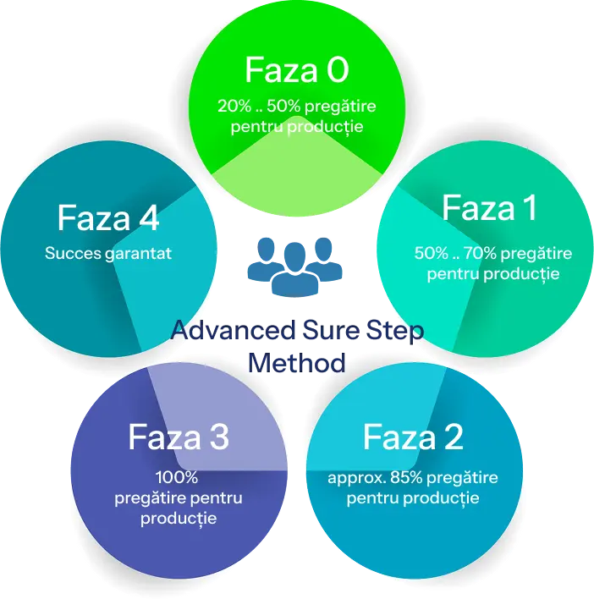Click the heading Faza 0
click(296, 70)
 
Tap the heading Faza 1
click(489, 208)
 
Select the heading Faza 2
click(413, 437)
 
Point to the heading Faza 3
click(179, 437)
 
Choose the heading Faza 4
click(108, 217)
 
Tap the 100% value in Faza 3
click(179, 477)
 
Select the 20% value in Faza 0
click(233, 107)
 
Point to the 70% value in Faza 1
click(481, 253)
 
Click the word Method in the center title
click(299, 365)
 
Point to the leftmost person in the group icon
click(263, 258)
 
